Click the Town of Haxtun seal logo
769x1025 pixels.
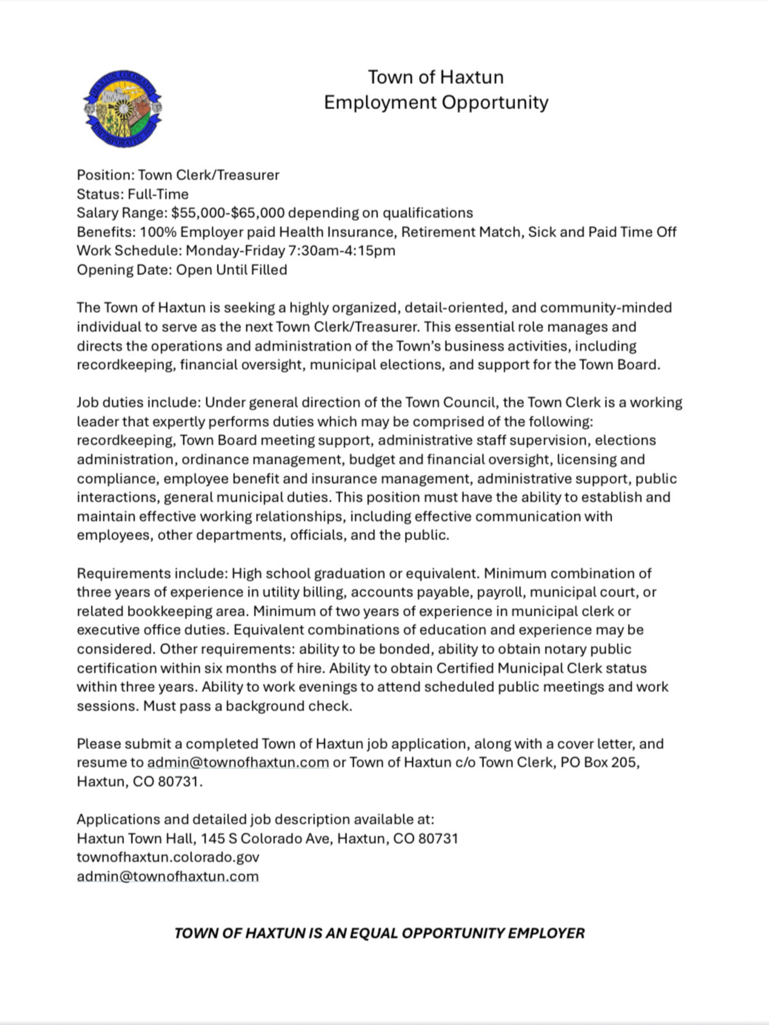tap(123, 109)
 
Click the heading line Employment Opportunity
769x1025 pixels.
tap(436, 102)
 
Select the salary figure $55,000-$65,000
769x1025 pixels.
tap(228, 213)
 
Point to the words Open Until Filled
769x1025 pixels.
tap(231, 270)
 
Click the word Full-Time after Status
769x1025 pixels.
tap(158, 194)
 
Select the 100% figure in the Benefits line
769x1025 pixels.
tap(158, 232)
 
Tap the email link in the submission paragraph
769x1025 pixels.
tap(238, 763)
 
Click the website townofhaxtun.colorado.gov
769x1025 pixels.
tap(168, 857)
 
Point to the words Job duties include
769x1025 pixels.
tap(138, 402)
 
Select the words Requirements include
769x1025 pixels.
tap(152, 573)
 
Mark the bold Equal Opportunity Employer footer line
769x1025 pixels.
tap(379, 933)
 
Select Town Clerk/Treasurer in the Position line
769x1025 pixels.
tap(209, 175)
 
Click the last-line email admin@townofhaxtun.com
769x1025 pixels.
tap(168, 876)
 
